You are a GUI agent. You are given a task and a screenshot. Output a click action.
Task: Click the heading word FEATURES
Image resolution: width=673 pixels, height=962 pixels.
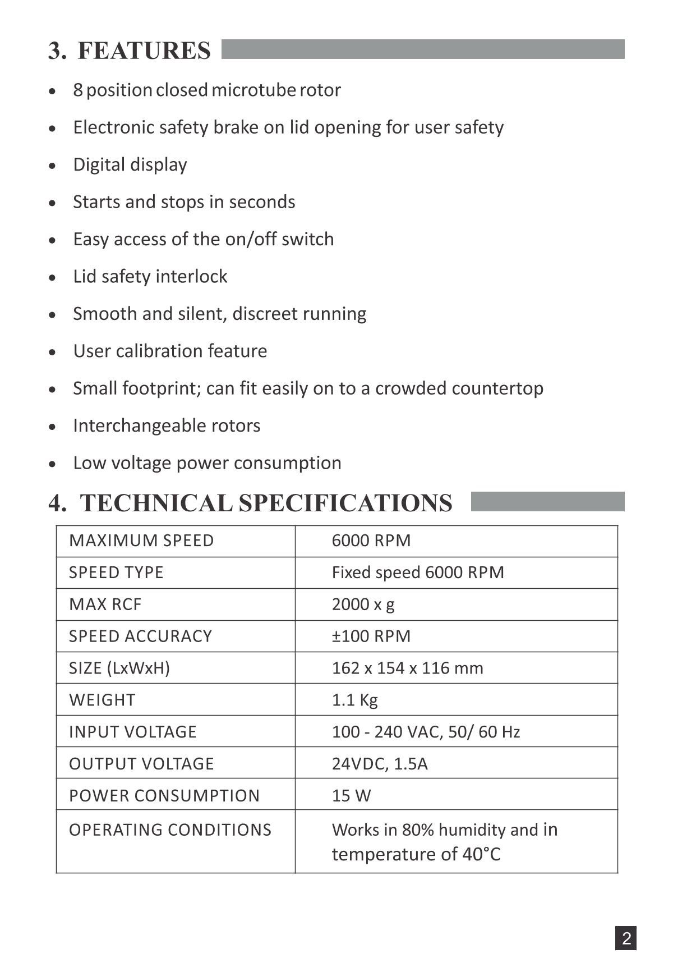pyautogui.click(x=144, y=51)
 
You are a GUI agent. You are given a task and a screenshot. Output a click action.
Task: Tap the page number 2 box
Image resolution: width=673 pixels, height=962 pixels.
pyautogui.click(x=626, y=938)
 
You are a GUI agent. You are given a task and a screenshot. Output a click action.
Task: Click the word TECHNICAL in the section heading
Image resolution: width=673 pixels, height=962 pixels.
pyautogui.click(x=156, y=503)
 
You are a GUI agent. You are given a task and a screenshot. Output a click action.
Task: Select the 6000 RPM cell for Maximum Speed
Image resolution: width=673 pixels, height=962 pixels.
pyautogui.click(x=371, y=540)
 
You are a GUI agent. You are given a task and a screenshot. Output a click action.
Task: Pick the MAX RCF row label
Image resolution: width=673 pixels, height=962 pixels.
pyautogui.click(x=105, y=604)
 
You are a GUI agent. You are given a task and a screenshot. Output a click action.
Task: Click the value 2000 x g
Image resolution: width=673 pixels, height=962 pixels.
pyautogui.click(x=363, y=604)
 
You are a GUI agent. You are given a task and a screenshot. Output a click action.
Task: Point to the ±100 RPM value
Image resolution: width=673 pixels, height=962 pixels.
pyautogui.click(x=371, y=636)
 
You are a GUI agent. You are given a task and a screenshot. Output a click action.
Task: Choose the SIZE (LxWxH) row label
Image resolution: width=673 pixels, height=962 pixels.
pyautogui.click(x=119, y=668)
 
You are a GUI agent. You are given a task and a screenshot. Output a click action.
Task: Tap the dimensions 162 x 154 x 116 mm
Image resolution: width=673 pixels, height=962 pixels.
pyautogui.click(x=407, y=668)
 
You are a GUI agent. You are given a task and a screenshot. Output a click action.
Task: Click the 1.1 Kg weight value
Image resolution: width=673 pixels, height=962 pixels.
pyautogui.click(x=354, y=700)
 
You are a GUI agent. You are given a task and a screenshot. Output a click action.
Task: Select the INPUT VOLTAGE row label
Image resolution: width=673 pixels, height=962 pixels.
pyautogui.click(x=132, y=732)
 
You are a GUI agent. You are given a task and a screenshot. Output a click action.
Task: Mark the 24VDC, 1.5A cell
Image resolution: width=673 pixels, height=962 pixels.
pyautogui.click(x=380, y=764)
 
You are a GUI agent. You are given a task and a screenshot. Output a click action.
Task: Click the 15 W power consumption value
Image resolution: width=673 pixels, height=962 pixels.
pyautogui.click(x=351, y=796)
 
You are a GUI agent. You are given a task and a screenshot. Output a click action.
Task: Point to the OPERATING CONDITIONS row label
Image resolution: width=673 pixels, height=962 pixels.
pyautogui.click(x=170, y=830)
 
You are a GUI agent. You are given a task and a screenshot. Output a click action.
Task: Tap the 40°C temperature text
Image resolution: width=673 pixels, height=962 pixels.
pyautogui.click(x=481, y=854)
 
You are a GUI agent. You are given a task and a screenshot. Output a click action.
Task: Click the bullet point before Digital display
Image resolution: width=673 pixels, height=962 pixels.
pyautogui.click(x=52, y=166)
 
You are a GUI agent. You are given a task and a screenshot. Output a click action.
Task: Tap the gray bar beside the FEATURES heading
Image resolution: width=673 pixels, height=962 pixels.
pyautogui.click(x=423, y=49)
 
